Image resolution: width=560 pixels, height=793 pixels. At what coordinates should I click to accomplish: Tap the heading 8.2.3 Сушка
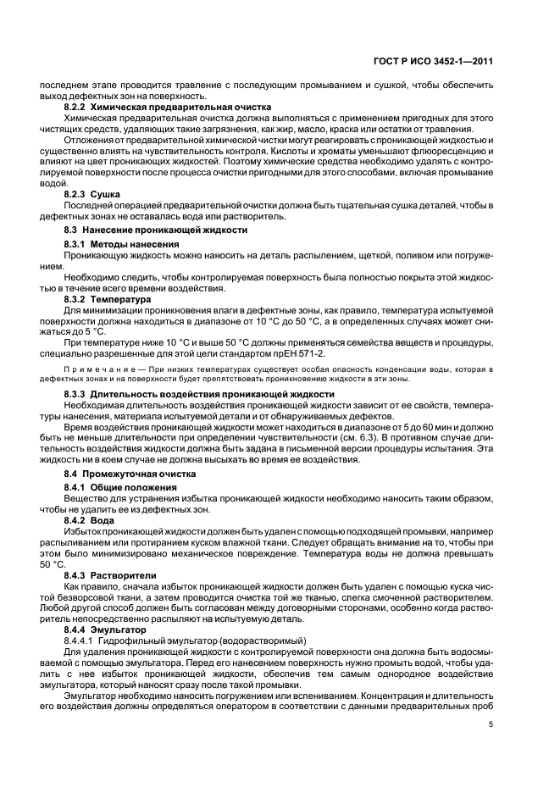coord(94,194)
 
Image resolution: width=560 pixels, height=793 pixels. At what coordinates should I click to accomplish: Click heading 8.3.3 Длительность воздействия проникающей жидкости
coord(199,395)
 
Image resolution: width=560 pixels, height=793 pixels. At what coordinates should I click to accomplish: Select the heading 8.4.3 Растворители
coord(110,575)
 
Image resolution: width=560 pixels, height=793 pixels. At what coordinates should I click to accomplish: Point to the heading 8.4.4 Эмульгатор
coord(105,630)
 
